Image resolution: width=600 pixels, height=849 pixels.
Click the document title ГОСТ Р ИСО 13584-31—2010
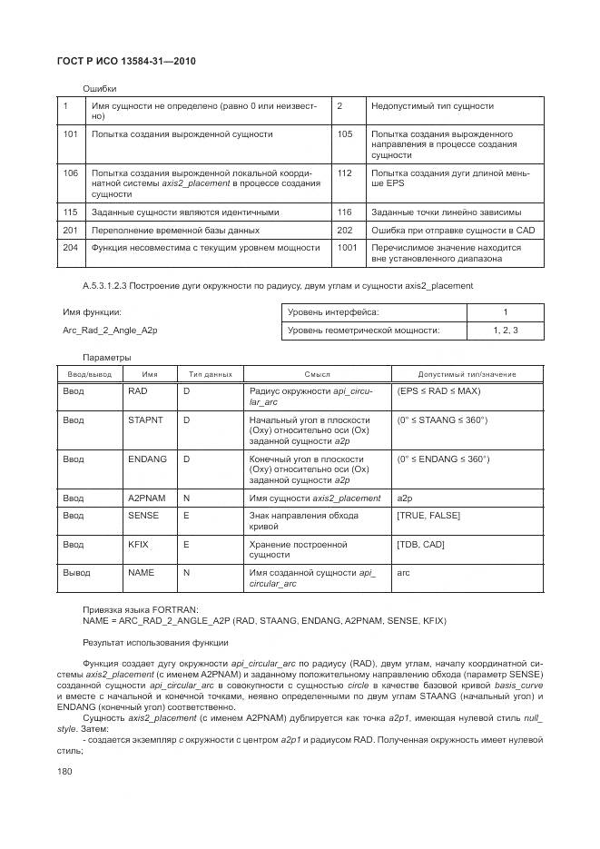127,61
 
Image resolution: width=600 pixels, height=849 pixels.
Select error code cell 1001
346,247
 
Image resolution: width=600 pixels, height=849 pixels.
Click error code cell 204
70,247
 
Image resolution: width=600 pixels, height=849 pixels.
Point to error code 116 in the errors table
344,212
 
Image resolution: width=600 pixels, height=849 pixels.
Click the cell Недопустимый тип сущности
419,107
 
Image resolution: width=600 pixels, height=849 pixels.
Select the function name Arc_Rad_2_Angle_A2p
110,331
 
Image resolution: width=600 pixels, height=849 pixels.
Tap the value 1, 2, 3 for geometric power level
505,331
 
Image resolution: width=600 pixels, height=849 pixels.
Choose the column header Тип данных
210,374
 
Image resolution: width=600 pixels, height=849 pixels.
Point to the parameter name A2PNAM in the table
147,498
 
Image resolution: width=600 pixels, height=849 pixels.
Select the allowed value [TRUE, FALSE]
428,516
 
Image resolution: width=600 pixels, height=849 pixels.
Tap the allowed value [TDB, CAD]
420,544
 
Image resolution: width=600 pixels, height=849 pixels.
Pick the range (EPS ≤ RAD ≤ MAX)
438,390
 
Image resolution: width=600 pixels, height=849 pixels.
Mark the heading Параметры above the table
107,357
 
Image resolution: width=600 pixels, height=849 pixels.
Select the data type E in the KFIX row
186,544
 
